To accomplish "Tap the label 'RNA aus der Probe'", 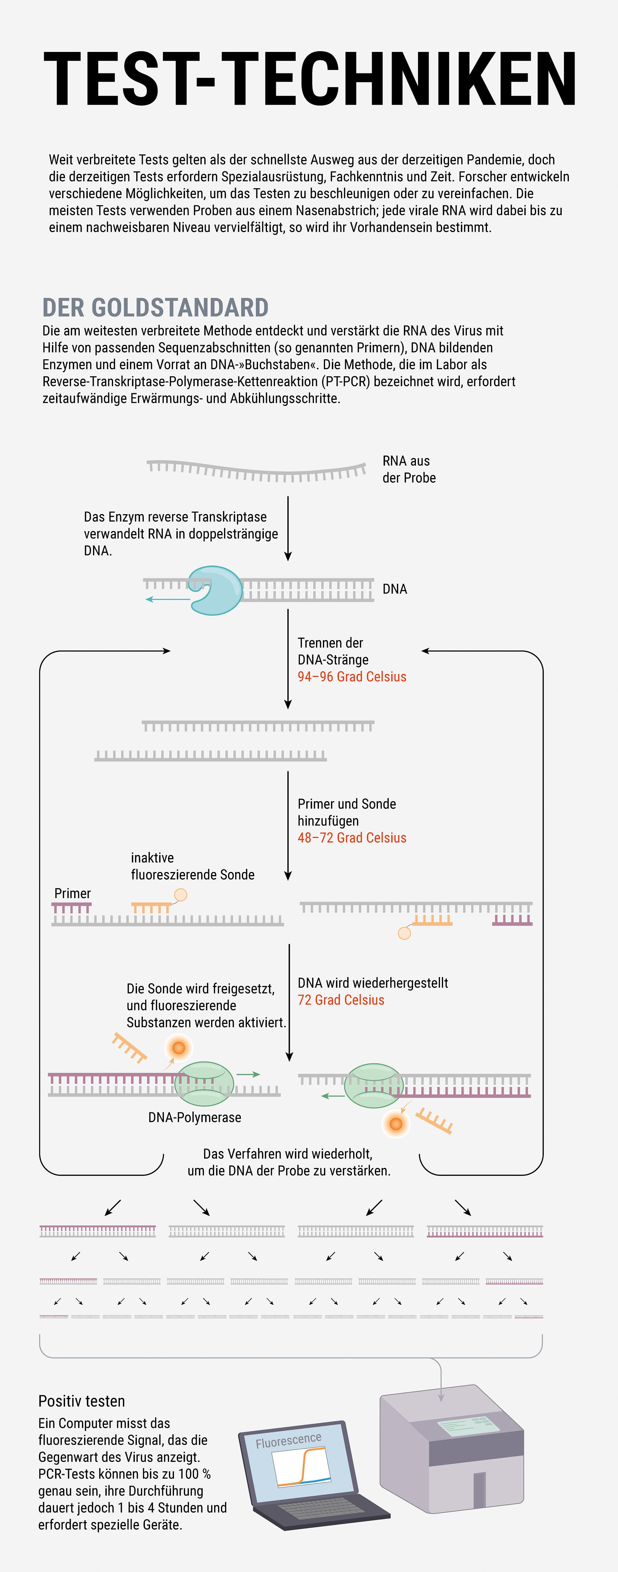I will [x=409, y=469].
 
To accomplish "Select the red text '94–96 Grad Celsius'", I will [x=352, y=677].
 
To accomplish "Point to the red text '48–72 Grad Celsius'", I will [x=352, y=838].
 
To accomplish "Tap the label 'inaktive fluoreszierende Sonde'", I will [x=192, y=866].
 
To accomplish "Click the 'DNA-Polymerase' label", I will [x=195, y=1117].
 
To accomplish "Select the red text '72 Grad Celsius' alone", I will [x=341, y=1000].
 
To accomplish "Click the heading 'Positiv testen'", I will [x=82, y=1401].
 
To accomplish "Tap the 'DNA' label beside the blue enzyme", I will [x=395, y=589].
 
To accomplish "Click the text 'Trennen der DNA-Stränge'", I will [x=333, y=651].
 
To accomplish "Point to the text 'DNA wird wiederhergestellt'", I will [x=373, y=983].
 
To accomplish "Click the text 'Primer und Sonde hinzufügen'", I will [x=346, y=812].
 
